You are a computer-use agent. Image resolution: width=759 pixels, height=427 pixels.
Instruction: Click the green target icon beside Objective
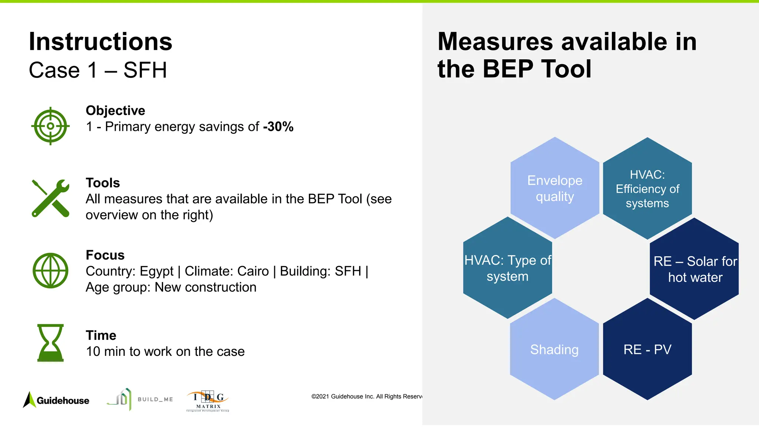pyautogui.click(x=50, y=126)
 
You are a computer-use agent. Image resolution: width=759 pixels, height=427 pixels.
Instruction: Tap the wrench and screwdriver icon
pyautogui.click(x=50, y=198)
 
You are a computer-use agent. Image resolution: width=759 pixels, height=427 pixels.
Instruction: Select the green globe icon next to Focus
pyautogui.click(x=50, y=271)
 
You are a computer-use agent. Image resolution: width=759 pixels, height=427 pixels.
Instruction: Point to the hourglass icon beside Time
pyautogui.click(x=50, y=343)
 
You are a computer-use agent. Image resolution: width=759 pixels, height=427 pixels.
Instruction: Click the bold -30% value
pyautogui.click(x=278, y=127)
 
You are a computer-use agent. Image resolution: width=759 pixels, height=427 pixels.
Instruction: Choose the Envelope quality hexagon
pyautogui.click(x=554, y=188)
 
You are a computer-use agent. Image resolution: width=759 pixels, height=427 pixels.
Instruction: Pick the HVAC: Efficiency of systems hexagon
pyautogui.click(x=647, y=189)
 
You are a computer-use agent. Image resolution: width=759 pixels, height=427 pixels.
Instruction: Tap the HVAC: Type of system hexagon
pyautogui.click(x=507, y=268)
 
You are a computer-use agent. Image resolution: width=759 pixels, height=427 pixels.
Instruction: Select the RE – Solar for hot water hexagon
pyautogui.click(x=695, y=269)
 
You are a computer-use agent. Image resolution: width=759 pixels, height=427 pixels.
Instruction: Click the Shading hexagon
pyautogui.click(x=554, y=350)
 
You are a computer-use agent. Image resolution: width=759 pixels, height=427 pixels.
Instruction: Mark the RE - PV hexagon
pyautogui.click(x=647, y=350)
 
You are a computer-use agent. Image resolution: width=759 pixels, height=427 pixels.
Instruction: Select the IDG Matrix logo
pyautogui.click(x=208, y=401)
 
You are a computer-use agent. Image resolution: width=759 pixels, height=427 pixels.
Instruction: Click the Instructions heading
pyautogui.click(x=100, y=42)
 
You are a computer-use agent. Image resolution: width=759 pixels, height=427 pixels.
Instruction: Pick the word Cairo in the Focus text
pyautogui.click(x=253, y=271)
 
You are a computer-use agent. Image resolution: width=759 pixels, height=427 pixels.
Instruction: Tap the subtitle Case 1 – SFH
pyautogui.click(x=98, y=70)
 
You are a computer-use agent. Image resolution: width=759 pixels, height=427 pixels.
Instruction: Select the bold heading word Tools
pyautogui.click(x=103, y=183)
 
